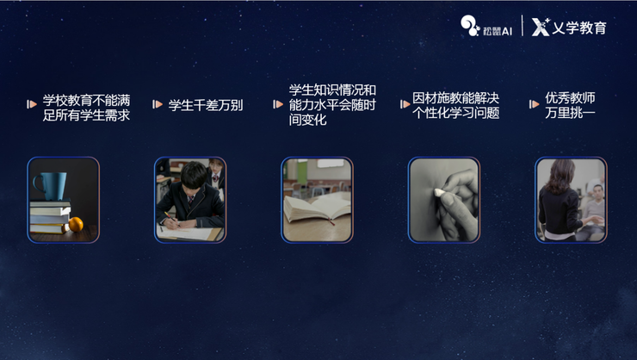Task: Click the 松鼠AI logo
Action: (486, 26)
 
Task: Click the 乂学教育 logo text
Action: (569, 28)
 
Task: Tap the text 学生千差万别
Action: (206, 105)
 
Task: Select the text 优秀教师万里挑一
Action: (570, 105)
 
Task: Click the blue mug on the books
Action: (52, 186)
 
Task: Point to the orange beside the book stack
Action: (76, 224)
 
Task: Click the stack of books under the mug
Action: (50, 216)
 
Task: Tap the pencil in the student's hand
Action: (171, 217)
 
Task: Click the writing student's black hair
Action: (195, 174)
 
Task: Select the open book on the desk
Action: (318, 208)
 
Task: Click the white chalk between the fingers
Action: (440, 193)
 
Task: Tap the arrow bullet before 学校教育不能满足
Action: (32, 104)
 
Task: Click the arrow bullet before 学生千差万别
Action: (158, 104)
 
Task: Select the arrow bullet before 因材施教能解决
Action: (405, 104)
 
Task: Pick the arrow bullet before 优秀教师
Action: (534, 104)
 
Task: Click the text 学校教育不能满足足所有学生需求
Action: (87, 108)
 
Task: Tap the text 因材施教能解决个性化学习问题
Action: (456, 105)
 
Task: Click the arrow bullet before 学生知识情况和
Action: (278, 104)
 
